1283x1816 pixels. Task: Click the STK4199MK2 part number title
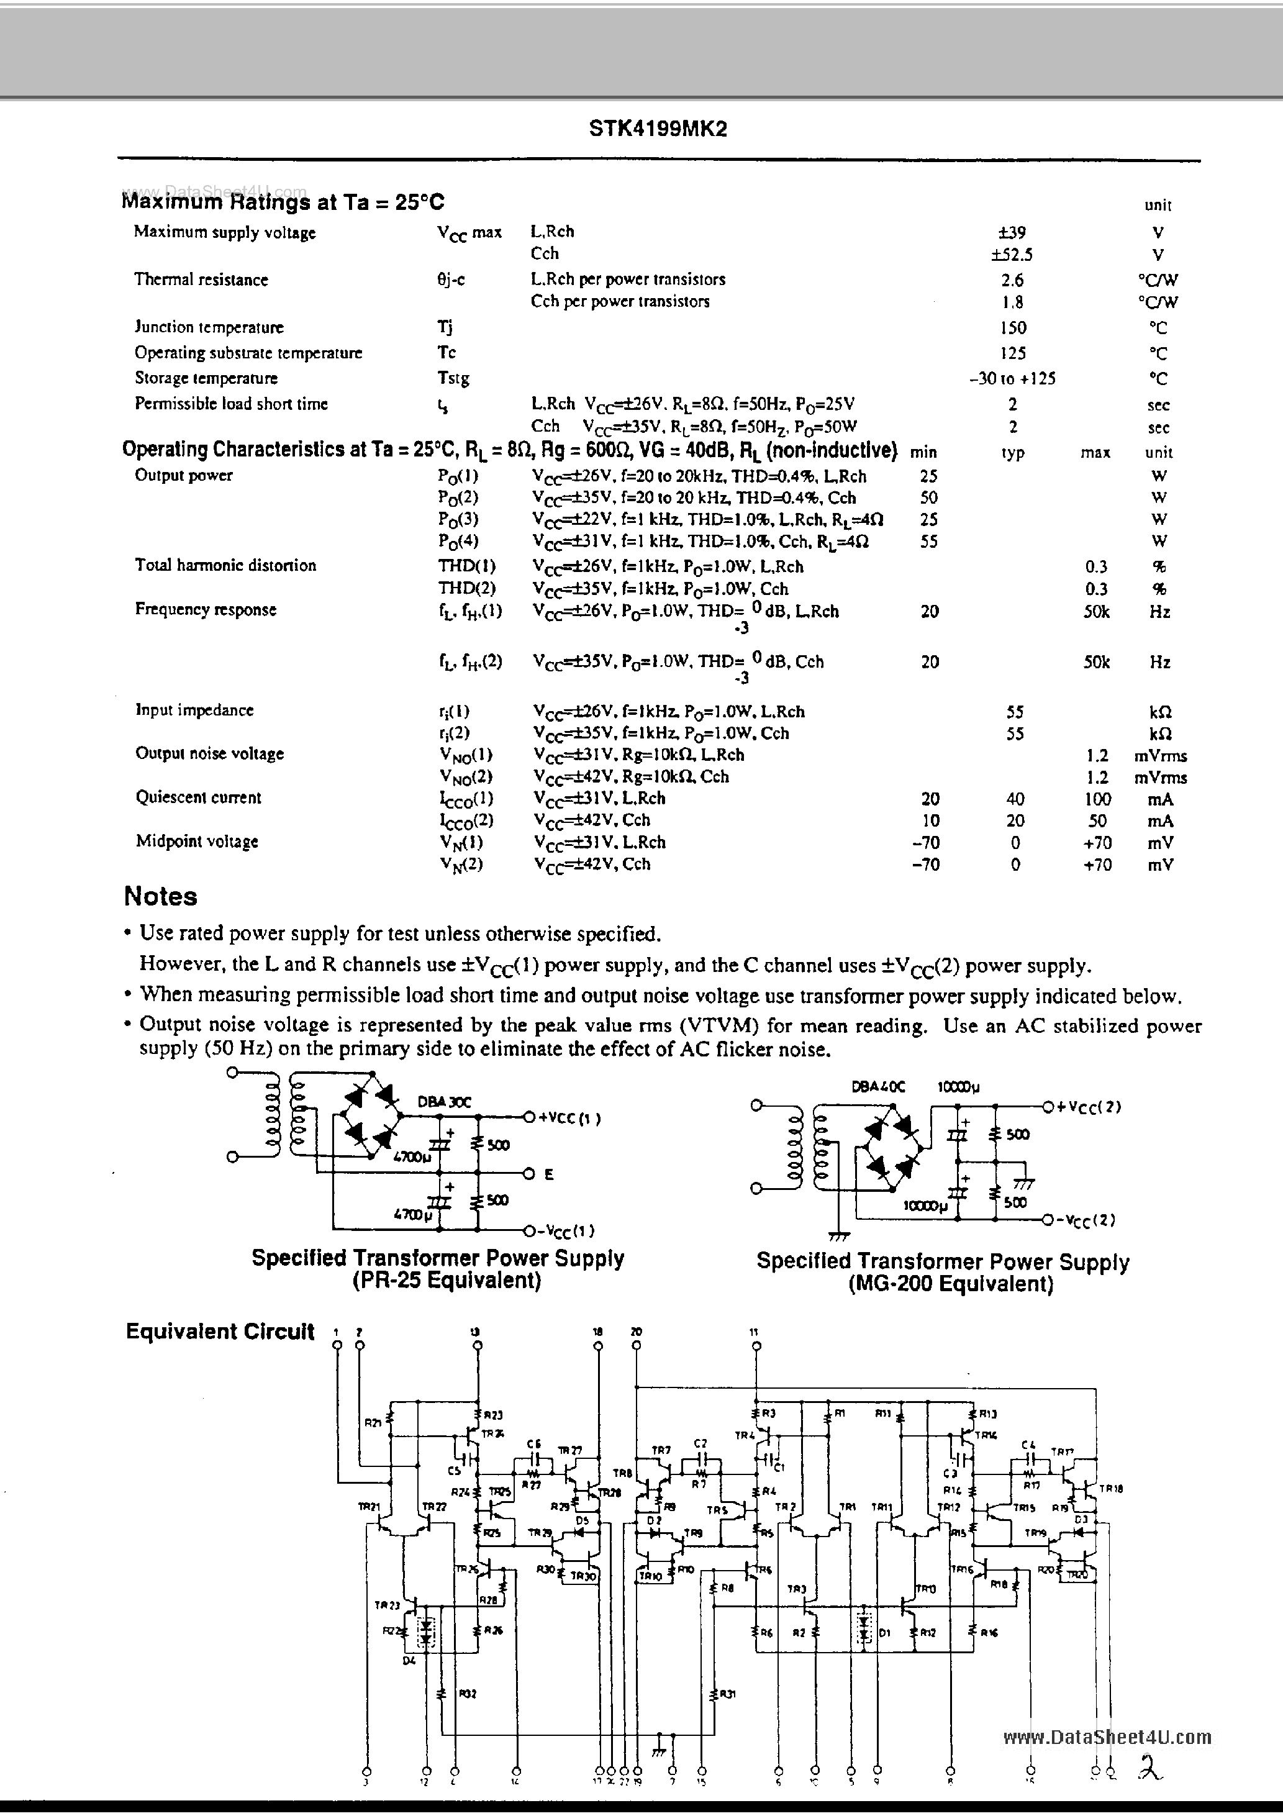[x=657, y=129]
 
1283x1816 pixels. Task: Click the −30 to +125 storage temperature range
[x=1012, y=378]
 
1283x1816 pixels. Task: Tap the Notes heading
[x=161, y=896]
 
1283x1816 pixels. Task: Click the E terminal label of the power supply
[x=548, y=1174]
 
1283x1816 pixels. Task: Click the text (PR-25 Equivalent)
[x=446, y=1281]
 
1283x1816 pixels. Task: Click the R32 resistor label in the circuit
[x=467, y=1694]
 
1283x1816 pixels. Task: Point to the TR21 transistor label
[x=369, y=1507]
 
